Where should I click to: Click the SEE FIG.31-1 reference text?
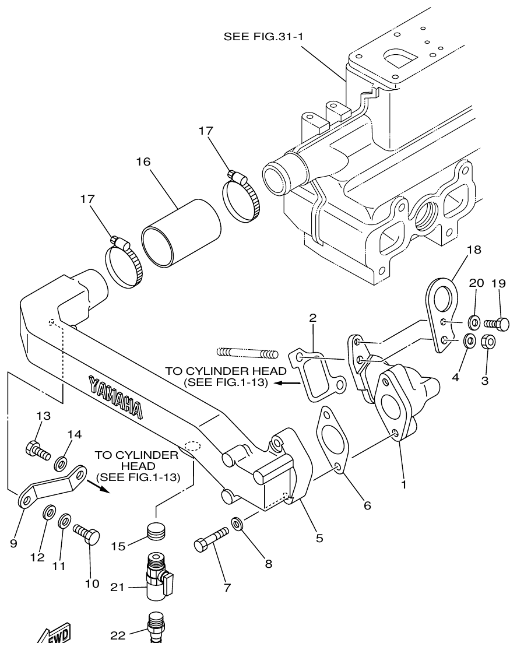click(x=265, y=37)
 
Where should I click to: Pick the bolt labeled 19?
click(x=497, y=322)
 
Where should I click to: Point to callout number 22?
click(x=118, y=635)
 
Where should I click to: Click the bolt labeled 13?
click(x=37, y=450)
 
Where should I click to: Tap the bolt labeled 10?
click(x=86, y=533)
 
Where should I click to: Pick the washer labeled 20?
click(x=474, y=321)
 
